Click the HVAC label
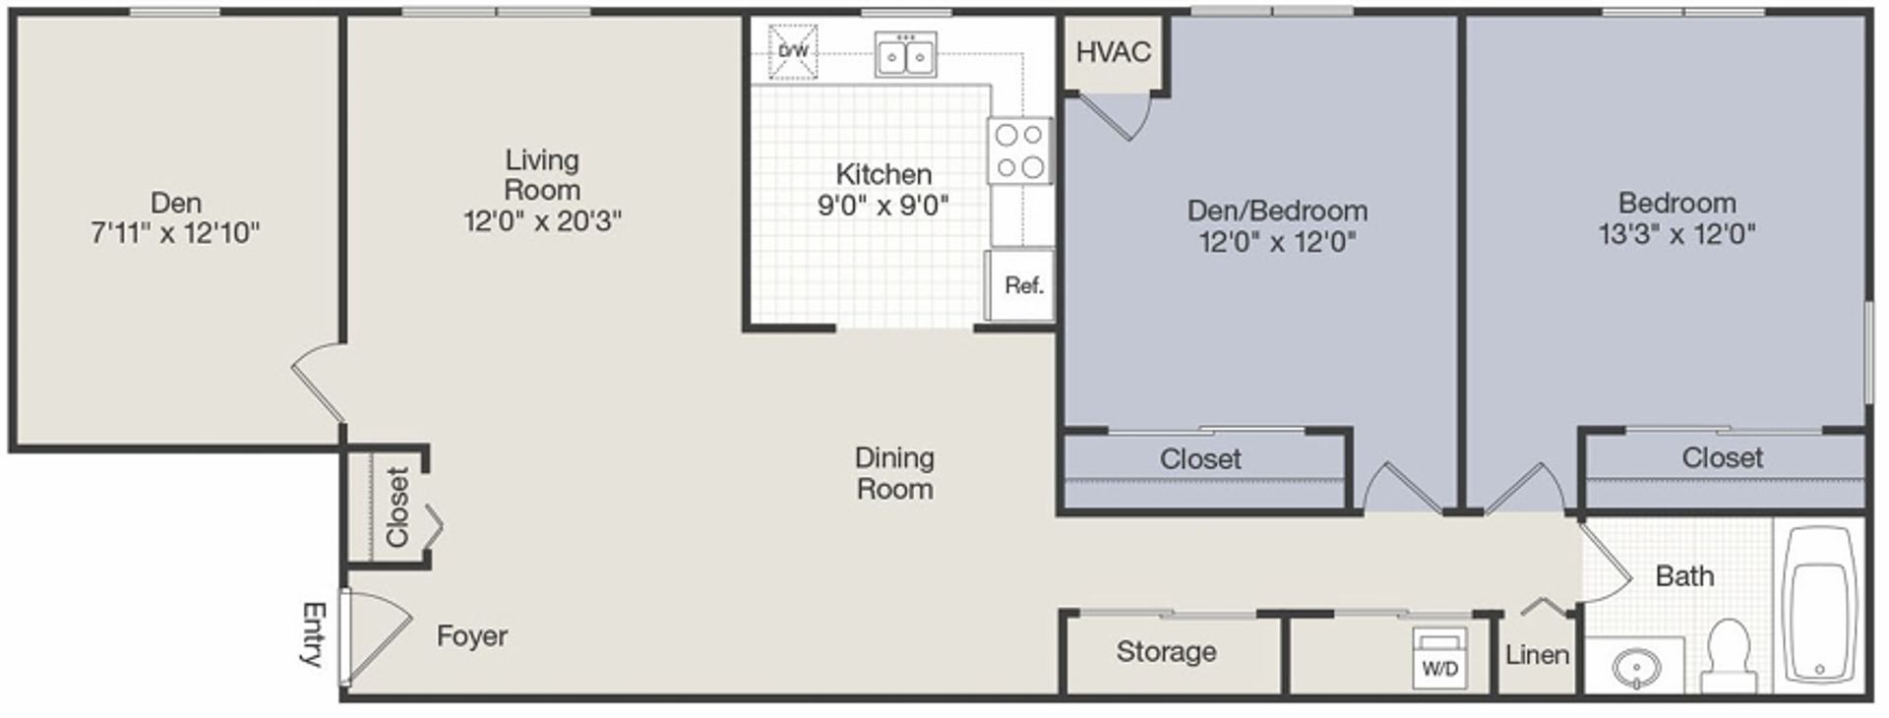coord(1113,51)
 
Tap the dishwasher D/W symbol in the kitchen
coord(792,51)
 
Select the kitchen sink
coord(905,54)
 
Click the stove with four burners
coord(1020,150)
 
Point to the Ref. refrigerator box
coord(1020,285)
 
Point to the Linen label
coord(1537,654)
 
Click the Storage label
coord(1166,651)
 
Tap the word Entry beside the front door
coord(313,634)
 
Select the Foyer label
coord(472,636)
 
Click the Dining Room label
coord(894,473)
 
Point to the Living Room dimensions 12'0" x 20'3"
coord(542,220)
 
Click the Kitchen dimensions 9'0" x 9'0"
coord(884,205)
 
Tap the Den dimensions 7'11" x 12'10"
coord(175,233)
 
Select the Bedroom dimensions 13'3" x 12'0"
coord(1676,234)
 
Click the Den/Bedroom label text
coord(1277,210)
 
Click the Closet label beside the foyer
coord(396,507)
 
